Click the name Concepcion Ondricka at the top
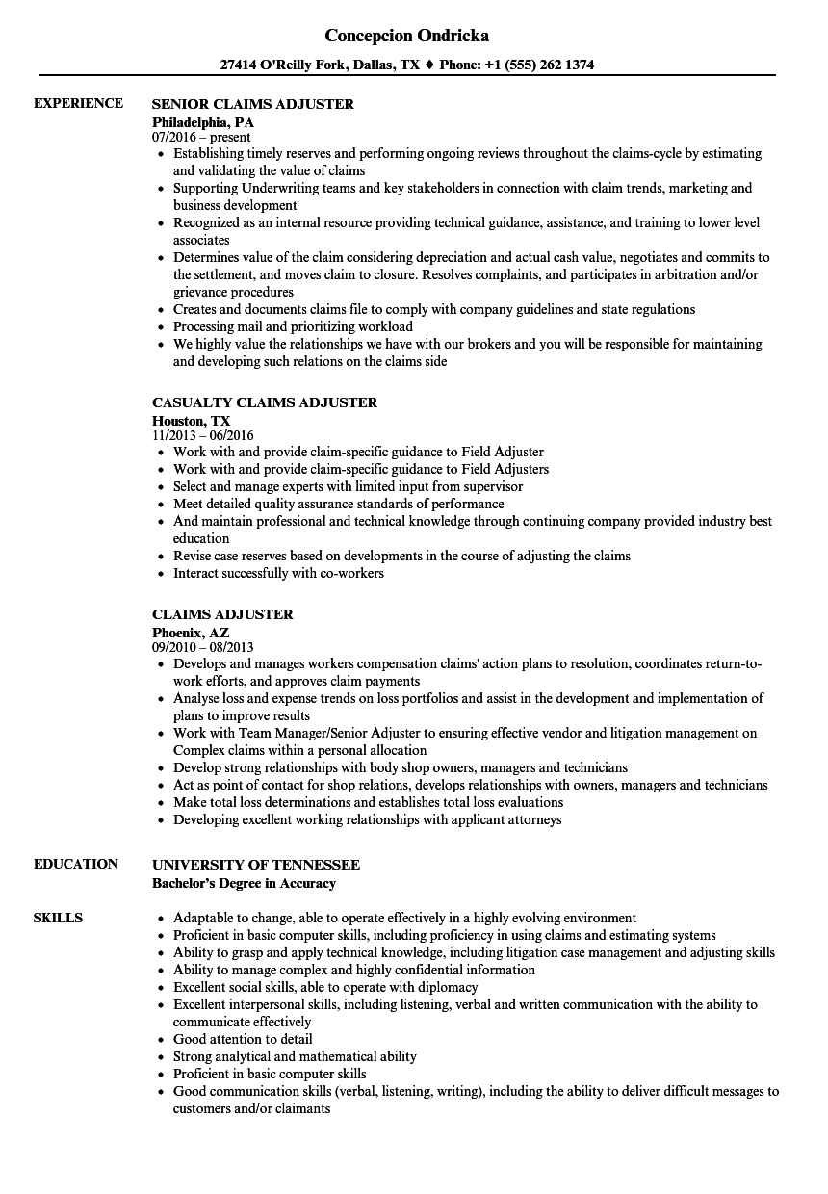(406, 36)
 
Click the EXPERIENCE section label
(78, 103)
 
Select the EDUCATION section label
(76, 864)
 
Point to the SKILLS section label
(58, 918)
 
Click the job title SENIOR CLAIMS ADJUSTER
(253, 104)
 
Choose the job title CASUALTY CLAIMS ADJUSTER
(265, 402)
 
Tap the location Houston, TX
(192, 421)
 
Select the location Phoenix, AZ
(191, 633)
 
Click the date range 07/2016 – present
(201, 138)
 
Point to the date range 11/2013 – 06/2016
(203, 435)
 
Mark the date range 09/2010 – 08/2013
(203, 647)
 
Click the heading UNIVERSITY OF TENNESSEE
(256, 865)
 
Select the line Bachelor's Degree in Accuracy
(244, 883)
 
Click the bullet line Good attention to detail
(243, 1039)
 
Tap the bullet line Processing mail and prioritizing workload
(293, 326)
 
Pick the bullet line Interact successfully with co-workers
(278, 573)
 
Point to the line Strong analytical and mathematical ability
(295, 1056)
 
